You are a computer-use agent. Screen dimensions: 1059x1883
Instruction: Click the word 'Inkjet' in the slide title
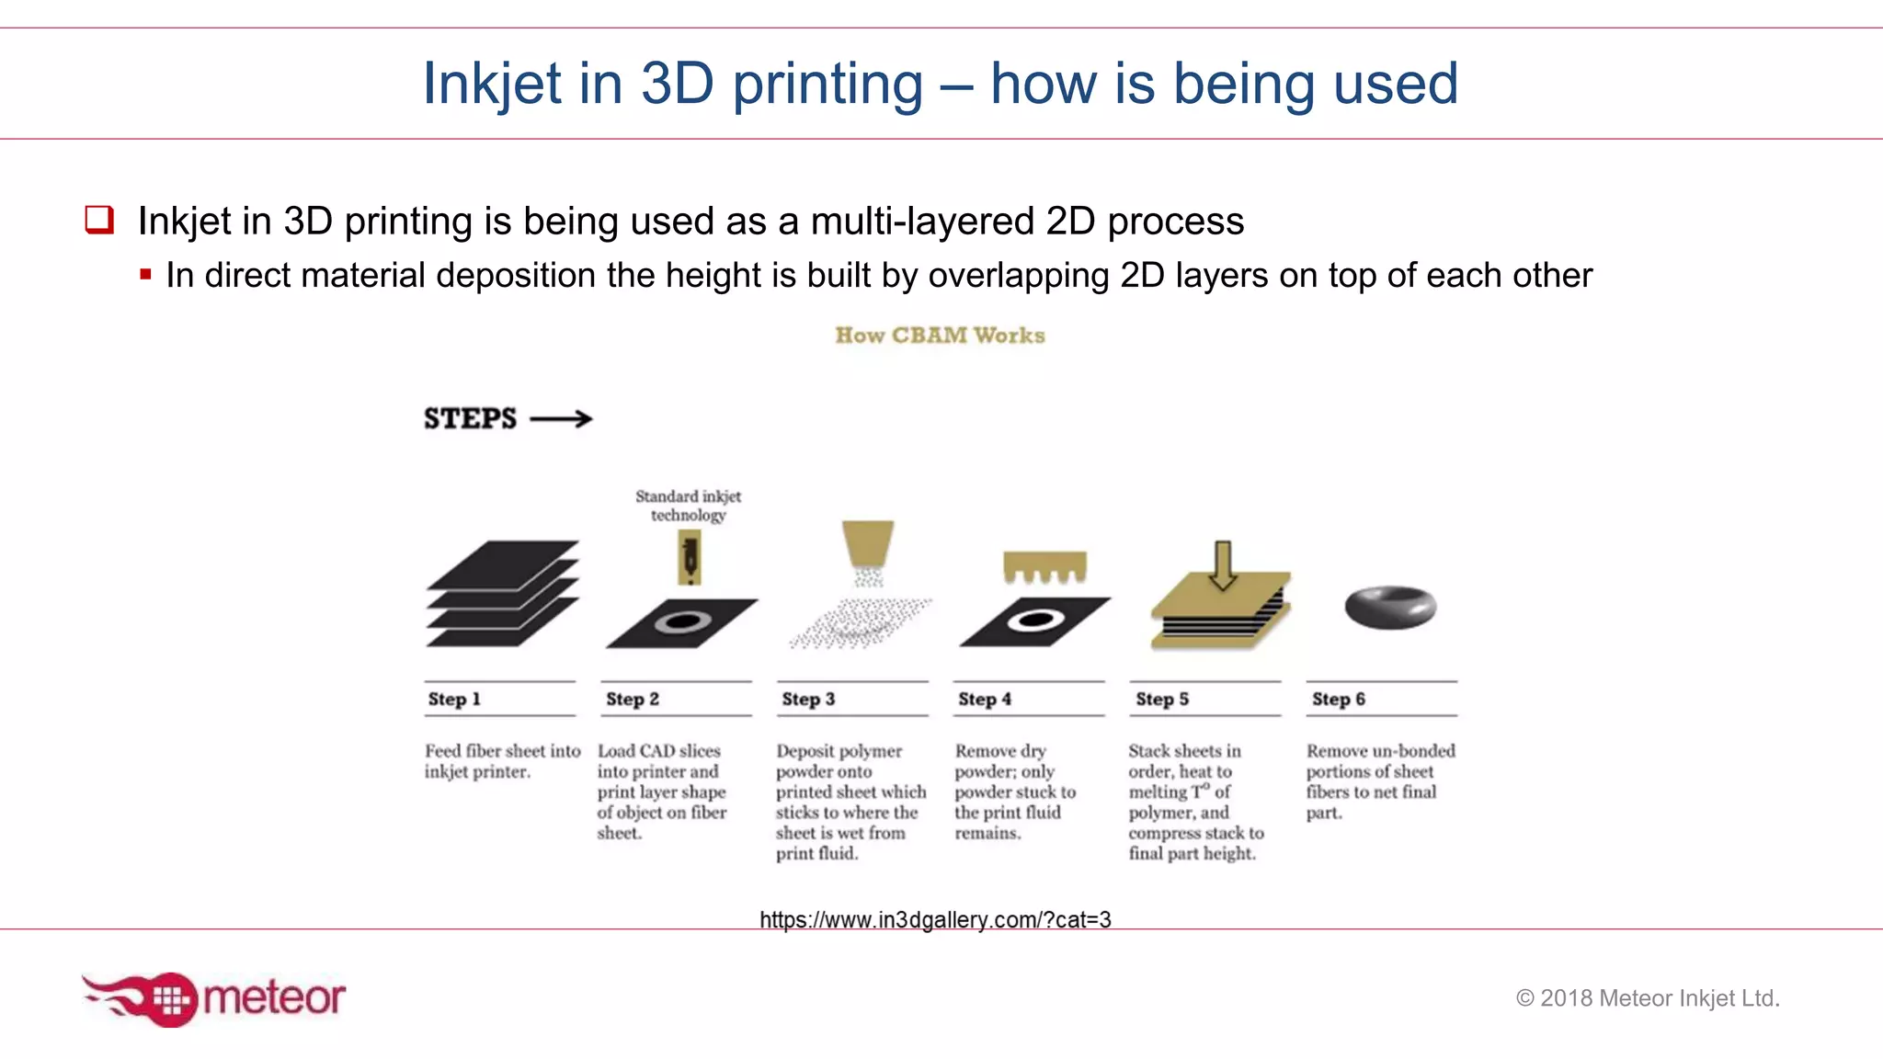[x=491, y=85]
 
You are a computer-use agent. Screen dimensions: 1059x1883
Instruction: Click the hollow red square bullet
[x=99, y=220]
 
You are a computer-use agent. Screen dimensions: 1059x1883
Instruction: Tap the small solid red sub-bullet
[x=145, y=274]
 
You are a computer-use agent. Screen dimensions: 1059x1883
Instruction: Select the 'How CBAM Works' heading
[x=940, y=336]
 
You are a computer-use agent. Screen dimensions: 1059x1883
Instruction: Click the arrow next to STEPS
[x=562, y=419]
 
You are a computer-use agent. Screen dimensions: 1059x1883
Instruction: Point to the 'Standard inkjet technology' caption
[x=688, y=506]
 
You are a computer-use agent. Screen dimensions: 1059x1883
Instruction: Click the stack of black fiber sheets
[x=503, y=593]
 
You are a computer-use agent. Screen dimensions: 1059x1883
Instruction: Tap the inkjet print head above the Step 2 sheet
[x=690, y=559]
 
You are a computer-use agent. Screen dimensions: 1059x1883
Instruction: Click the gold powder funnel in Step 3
[x=868, y=542]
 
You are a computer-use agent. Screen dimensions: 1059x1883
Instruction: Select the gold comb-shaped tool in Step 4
[x=1044, y=565]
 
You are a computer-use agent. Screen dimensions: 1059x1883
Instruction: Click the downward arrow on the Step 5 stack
[x=1222, y=564]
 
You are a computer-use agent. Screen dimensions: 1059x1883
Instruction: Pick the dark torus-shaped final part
[x=1389, y=607]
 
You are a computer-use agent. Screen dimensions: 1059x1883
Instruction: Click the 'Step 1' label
[x=454, y=699]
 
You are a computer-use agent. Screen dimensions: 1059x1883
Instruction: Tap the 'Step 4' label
[x=984, y=699]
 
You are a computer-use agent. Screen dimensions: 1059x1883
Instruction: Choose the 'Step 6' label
[x=1338, y=699]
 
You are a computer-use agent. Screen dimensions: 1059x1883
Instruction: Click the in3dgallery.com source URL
[x=935, y=919]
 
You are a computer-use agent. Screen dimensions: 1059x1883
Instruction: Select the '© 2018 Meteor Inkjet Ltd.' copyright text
[x=1648, y=997]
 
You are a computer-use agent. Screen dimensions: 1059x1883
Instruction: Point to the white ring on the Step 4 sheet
[x=1035, y=620]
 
